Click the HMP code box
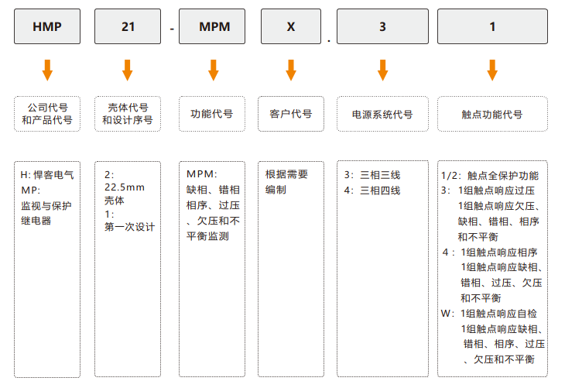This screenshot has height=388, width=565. tap(47, 26)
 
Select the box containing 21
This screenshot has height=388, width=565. tap(128, 26)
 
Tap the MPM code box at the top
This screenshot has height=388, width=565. tap(212, 26)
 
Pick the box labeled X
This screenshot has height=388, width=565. tap(291, 26)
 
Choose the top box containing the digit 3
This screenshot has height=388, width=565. tap(382, 26)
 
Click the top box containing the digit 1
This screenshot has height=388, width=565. tap(492, 26)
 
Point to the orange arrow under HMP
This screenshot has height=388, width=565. tap(47, 70)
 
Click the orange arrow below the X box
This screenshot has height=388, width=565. tap(291, 70)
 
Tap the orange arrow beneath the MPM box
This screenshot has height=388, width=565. tap(214, 70)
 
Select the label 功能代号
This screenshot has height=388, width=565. tap(212, 114)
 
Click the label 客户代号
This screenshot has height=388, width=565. tap(291, 114)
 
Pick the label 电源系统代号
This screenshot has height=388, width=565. tap(382, 115)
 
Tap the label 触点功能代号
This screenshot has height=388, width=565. tap(492, 115)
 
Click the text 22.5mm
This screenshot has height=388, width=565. tap(125, 187)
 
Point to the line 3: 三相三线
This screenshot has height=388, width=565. tap(372, 175)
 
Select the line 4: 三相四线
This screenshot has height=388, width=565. tap(372, 191)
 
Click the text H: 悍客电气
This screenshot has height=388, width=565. tap(47, 175)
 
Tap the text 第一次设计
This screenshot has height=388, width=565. tap(130, 227)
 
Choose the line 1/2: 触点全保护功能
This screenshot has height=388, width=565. tap(490, 176)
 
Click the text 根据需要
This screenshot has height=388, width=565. tap(287, 174)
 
